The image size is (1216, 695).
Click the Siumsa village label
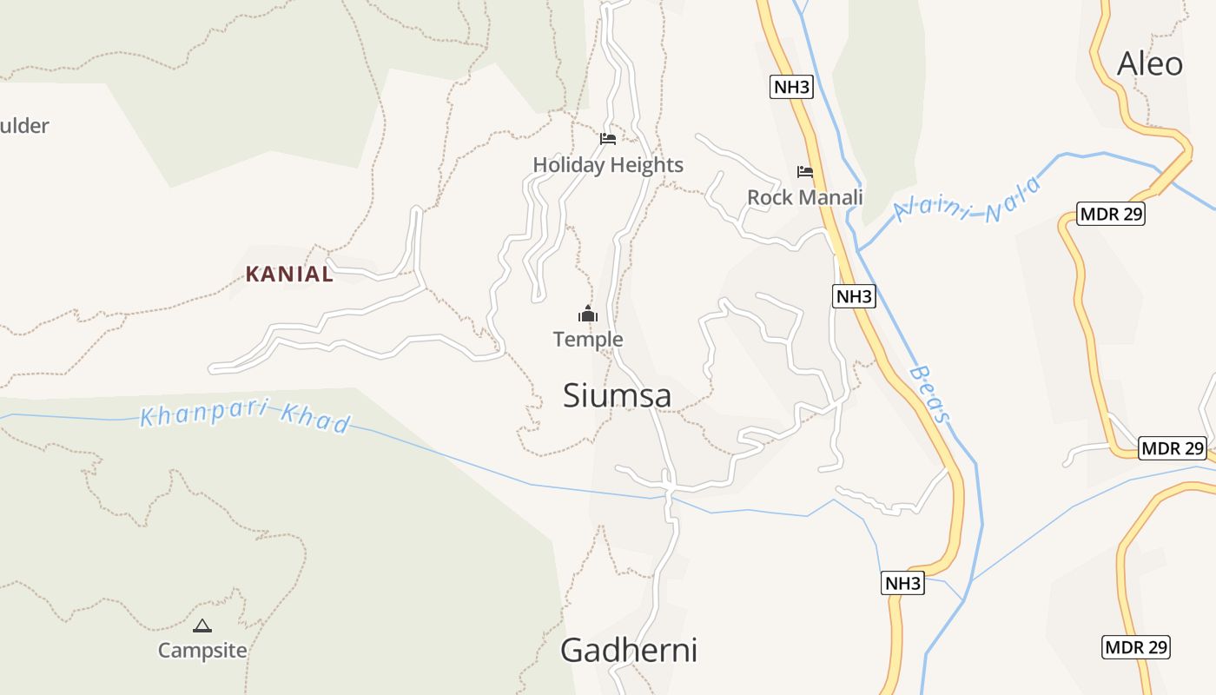[617, 396]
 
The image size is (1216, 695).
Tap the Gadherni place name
[628, 650]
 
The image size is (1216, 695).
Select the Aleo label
[1149, 63]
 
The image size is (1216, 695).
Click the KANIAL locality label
[289, 275]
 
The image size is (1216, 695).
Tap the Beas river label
[929, 394]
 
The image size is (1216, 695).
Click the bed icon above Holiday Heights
[608, 139]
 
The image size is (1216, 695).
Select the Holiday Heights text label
[608, 165]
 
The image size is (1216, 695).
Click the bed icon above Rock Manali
[805, 172]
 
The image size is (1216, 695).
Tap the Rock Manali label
[805, 197]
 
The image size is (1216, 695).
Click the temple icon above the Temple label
[588, 314]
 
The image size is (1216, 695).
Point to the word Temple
[588, 339]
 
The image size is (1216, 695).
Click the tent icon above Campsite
[202, 625]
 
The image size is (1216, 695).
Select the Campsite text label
[202, 650]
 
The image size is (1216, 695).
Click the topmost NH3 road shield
[791, 87]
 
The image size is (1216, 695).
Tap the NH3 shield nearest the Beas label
[854, 296]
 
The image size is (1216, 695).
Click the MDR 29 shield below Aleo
[1111, 214]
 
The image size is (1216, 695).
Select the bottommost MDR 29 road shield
[1136, 646]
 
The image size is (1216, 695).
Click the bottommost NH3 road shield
[902, 583]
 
